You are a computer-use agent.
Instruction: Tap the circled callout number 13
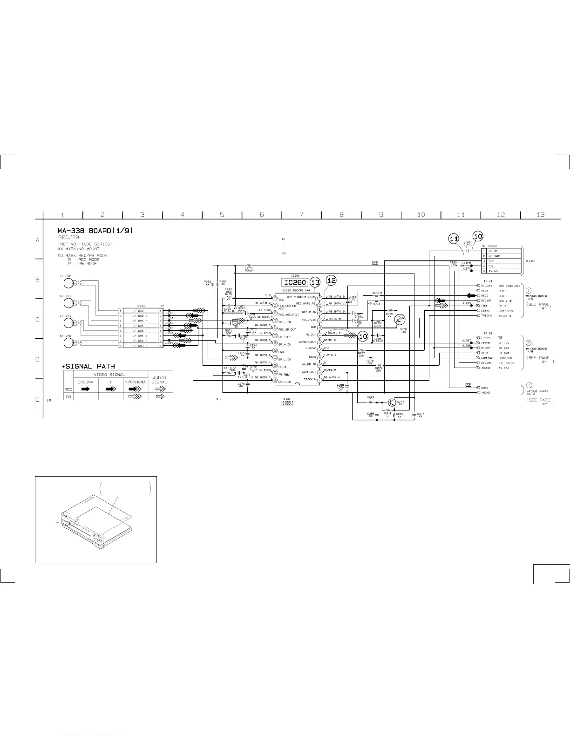(x=315, y=282)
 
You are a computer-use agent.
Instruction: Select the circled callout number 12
(x=331, y=280)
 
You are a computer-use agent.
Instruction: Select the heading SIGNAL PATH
(x=91, y=366)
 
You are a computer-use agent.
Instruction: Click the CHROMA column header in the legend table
(x=86, y=382)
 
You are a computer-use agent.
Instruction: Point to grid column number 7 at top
(x=302, y=215)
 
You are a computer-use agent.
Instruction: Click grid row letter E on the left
(x=38, y=399)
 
